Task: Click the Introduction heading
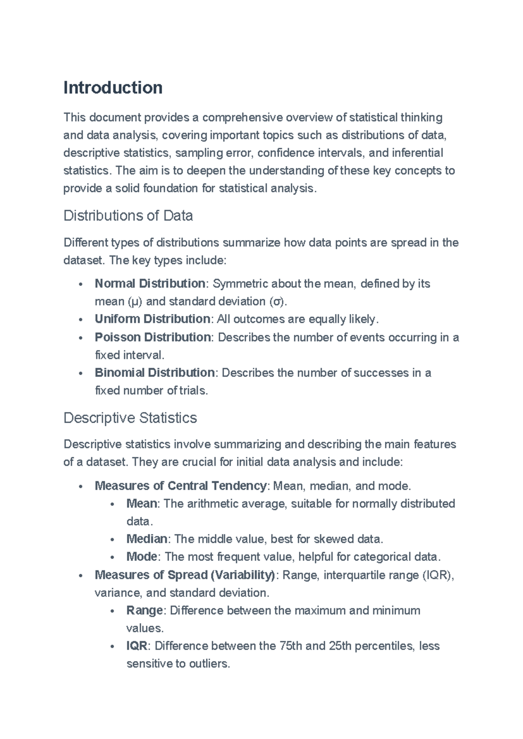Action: pyautogui.click(x=113, y=88)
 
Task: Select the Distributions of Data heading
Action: pyautogui.click(x=128, y=216)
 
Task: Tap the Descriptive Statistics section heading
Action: pyautogui.click(x=130, y=418)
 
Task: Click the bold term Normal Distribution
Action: pyautogui.click(x=150, y=284)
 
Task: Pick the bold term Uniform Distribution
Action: pyautogui.click(x=152, y=319)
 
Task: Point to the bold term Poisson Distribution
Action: pyautogui.click(x=153, y=337)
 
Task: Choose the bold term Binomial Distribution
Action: pyautogui.click(x=154, y=373)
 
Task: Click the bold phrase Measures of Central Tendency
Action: pyautogui.click(x=180, y=485)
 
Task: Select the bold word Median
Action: pyautogui.click(x=146, y=539)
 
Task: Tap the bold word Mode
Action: pyautogui.click(x=142, y=557)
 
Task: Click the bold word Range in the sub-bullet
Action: pyautogui.click(x=144, y=610)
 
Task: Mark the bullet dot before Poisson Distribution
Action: pyautogui.click(x=81, y=338)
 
